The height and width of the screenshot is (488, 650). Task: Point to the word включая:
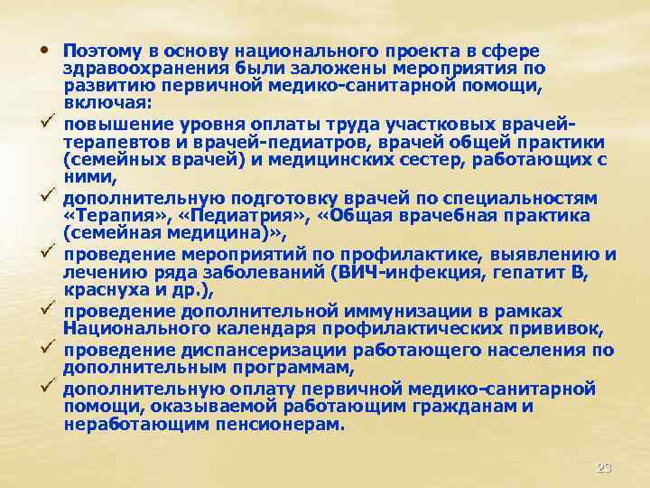(x=108, y=103)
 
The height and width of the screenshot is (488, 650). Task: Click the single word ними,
(x=88, y=177)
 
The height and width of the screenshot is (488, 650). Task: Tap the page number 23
(x=604, y=468)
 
